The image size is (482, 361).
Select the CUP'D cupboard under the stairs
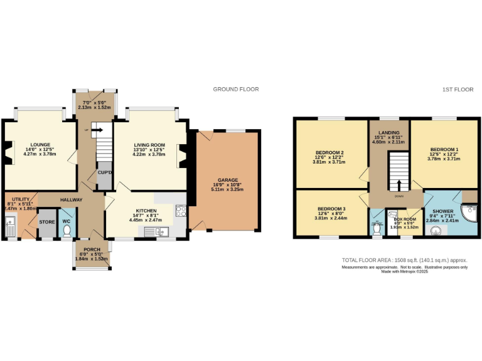pos(104,173)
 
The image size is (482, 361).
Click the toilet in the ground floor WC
pos(67,230)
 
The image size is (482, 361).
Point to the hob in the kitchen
pos(181,211)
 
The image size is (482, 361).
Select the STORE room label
pos(47,222)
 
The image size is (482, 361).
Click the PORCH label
pos(92,249)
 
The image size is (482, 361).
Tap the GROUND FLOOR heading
pos(235,90)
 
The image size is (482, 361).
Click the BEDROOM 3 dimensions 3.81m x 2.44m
pos(331,217)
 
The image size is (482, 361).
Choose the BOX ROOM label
pos(405,219)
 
